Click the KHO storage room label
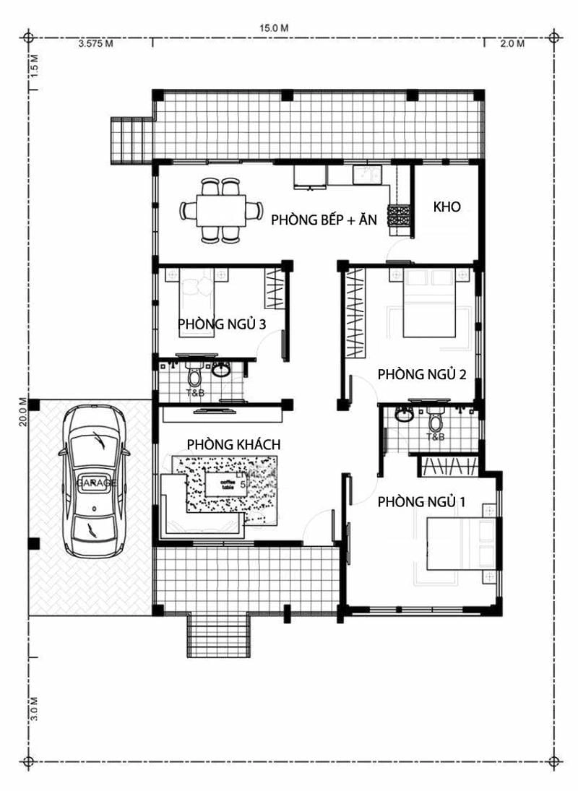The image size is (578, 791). click(x=447, y=207)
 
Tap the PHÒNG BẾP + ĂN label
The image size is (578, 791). click(x=324, y=221)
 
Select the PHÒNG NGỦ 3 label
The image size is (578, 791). click(x=222, y=324)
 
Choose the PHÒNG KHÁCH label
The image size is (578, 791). click(x=233, y=444)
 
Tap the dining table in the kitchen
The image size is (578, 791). click(x=221, y=211)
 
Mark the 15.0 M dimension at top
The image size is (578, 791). click(x=275, y=27)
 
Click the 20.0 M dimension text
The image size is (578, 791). click(x=23, y=412)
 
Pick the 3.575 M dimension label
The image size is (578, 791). click(x=95, y=44)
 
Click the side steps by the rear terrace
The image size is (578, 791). click(x=130, y=139)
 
